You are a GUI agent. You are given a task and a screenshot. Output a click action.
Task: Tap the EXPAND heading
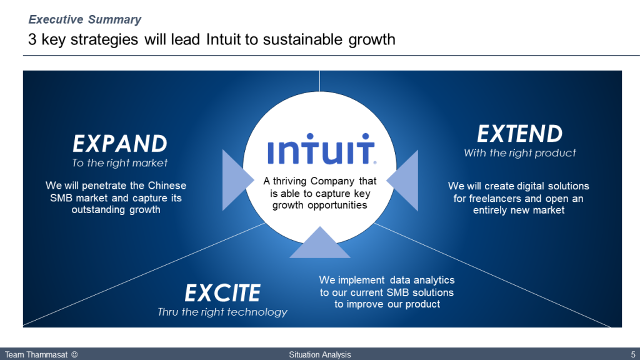(120, 144)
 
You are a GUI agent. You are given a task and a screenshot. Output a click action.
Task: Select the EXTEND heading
(519, 134)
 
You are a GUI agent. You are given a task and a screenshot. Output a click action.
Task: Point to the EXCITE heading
(222, 292)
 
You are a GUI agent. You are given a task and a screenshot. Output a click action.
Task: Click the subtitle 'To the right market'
(119, 163)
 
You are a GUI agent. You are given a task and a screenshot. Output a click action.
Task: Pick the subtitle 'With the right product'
(519, 153)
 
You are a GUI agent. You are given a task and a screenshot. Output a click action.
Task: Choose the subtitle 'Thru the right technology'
(222, 312)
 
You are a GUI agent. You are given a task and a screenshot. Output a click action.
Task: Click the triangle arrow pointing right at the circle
(238, 180)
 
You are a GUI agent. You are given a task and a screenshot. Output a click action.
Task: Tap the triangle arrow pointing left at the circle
(402, 180)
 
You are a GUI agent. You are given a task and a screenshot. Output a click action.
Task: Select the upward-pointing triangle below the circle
(320, 242)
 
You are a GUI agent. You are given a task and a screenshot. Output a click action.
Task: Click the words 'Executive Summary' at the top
(85, 19)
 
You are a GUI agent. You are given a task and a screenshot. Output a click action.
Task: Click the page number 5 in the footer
(633, 355)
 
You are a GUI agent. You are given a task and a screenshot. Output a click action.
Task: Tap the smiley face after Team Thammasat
(74, 355)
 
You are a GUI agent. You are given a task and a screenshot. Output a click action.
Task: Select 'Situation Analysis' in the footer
(320, 355)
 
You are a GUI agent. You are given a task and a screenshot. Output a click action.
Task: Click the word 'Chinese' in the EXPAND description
(167, 186)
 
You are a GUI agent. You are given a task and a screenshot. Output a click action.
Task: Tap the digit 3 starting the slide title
(32, 39)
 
